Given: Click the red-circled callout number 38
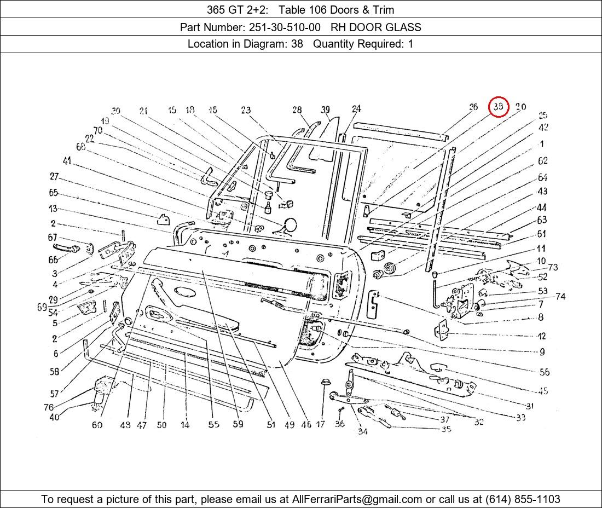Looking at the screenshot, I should point(499,107).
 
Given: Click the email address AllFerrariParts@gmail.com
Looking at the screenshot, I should point(357,499).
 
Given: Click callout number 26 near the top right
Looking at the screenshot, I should point(473,107).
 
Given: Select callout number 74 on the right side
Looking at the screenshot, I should point(560,297).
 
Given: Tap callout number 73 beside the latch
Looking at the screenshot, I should point(553,267).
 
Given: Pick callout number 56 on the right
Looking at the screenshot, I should point(544,372).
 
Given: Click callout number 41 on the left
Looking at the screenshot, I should point(67,161).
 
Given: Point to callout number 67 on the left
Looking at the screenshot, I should point(53,238).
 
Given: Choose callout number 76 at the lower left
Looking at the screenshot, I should point(49,407).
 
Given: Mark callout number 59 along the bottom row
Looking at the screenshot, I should point(238,424).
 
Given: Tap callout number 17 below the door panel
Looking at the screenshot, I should point(321,424).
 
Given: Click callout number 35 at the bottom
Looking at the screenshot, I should point(446,429).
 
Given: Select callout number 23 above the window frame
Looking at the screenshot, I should point(246,111).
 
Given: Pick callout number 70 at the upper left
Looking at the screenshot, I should point(98,130).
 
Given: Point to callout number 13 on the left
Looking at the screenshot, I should point(53,209).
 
